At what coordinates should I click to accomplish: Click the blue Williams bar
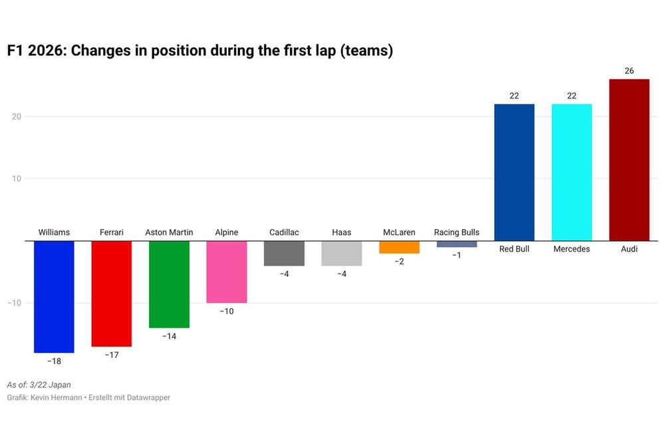coord(54,296)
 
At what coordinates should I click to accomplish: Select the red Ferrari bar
coord(111,293)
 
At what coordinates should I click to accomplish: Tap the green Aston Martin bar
coord(169,284)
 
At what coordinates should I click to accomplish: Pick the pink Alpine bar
coord(227,272)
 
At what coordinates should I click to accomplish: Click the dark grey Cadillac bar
coord(284,253)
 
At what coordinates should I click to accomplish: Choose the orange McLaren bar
coord(399,247)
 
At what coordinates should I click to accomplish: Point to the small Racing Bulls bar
coord(457,244)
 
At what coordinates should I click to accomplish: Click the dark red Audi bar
coord(629,160)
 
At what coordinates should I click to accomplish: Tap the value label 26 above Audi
coord(629,71)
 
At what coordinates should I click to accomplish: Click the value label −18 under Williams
coord(54,361)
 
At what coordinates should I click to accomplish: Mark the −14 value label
coord(169,337)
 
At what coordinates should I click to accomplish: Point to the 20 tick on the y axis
coord(16,116)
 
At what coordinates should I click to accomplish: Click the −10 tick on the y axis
coord(15,303)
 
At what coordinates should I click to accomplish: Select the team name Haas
coord(342,232)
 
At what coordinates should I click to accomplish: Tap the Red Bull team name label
coord(514,249)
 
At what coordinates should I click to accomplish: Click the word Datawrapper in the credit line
coord(147,397)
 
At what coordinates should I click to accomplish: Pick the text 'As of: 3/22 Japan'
coord(39,385)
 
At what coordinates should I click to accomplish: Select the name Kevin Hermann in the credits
coord(57,397)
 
